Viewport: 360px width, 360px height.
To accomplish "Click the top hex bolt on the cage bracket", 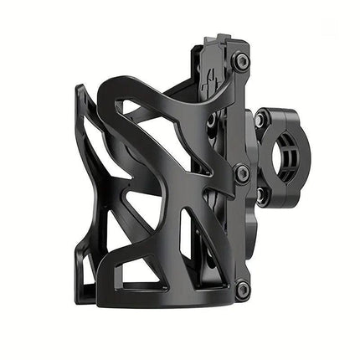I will click(241, 60).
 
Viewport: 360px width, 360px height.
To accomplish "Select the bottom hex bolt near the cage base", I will click(242, 289).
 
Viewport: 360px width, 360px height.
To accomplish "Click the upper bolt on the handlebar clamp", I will click(260, 120).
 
